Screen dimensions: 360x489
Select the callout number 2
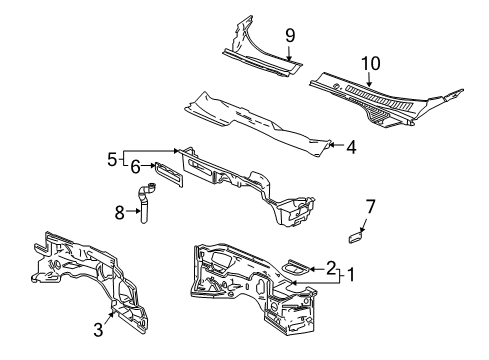click(331, 268)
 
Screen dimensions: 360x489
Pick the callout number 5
click(113, 158)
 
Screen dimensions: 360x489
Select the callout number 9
click(289, 35)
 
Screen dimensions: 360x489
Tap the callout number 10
click(371, 63)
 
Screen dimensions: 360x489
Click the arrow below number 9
click(289, 54)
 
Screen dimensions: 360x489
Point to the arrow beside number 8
click(132, 211)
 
